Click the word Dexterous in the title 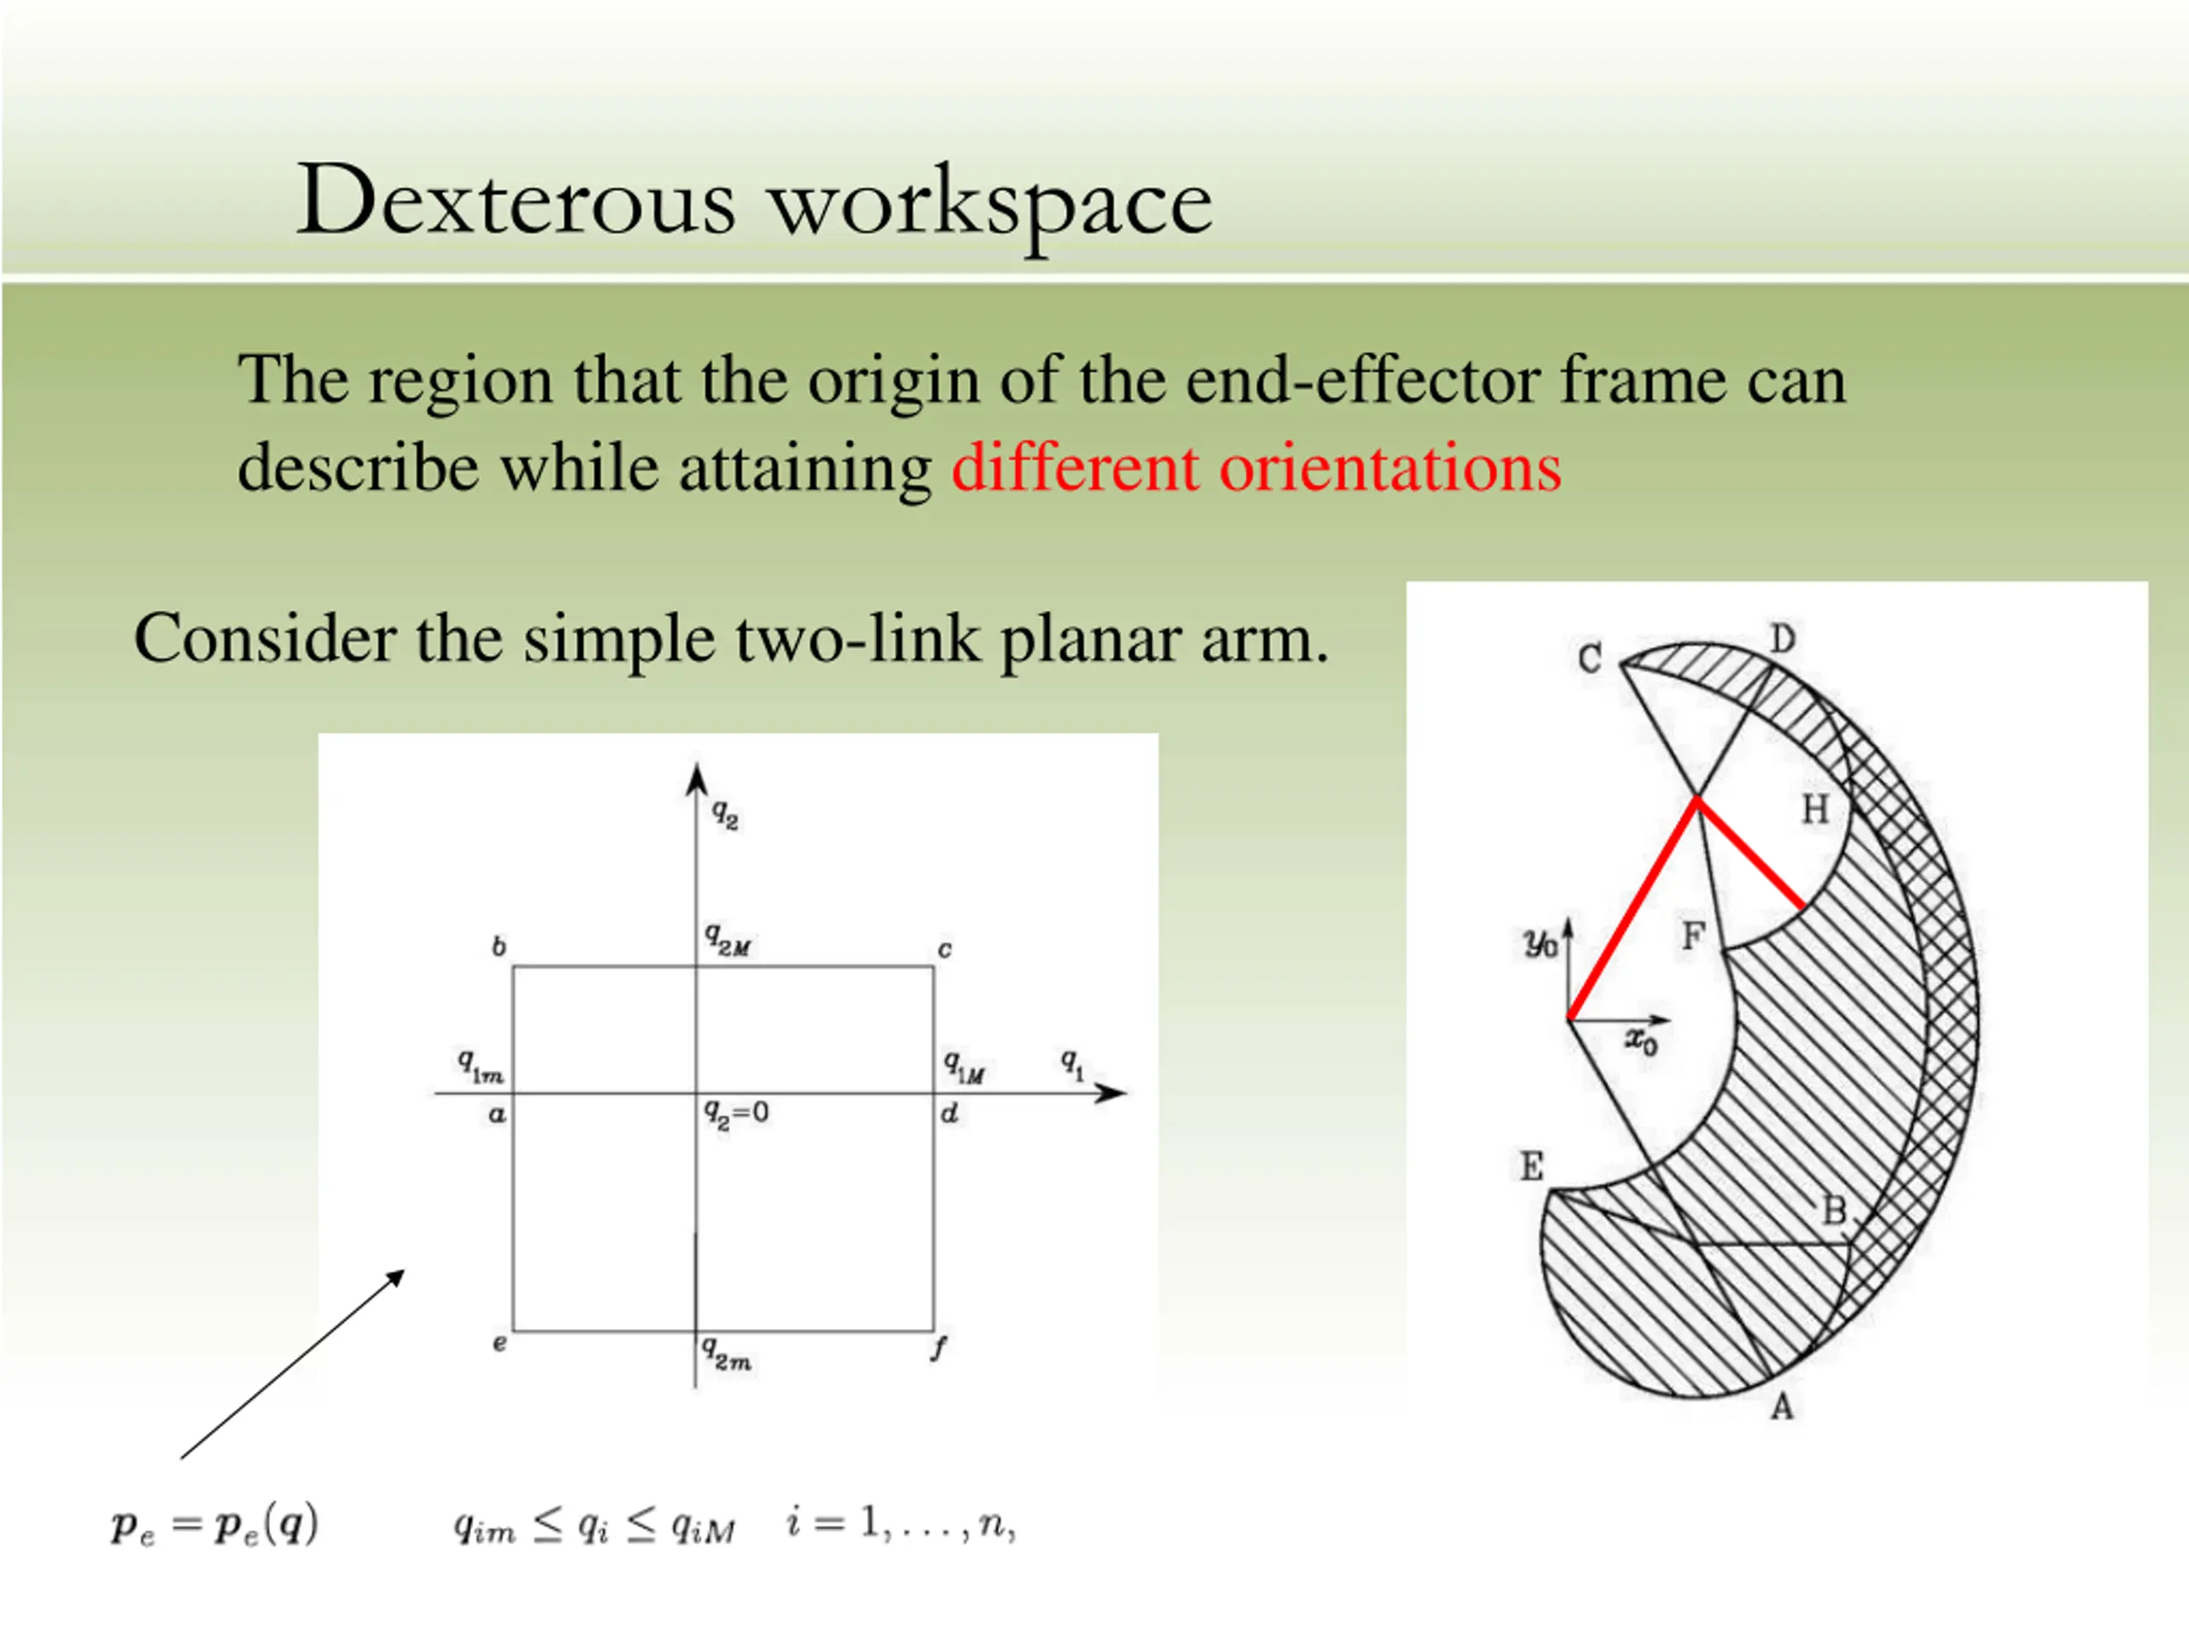(x=516, y=202)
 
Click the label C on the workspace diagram (x=1590, y=659)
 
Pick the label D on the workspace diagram (x=1782, y=640)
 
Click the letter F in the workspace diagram (x=1693, y=935)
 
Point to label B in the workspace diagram (x=1834, y=1210)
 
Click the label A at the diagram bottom (x=1781, y=1407)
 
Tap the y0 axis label (x=1541, y=943)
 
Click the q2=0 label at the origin (x=736, y=1113)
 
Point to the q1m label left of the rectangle (x=480, y=1065)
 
